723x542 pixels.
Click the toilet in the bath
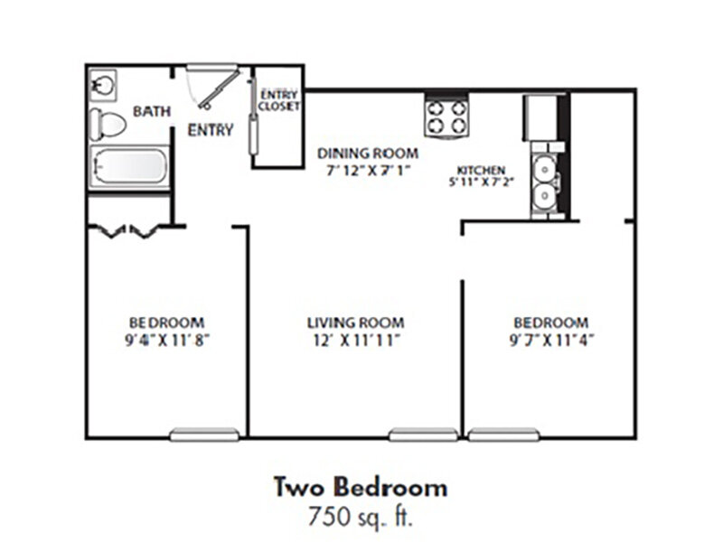pos(108,125)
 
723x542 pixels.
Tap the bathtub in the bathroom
pos(129,167)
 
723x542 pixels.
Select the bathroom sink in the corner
pos(103,85)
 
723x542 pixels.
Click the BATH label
pos(152,111)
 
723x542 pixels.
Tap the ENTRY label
pos(211,130)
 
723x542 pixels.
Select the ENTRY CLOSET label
pos(279,100)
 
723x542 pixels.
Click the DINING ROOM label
pos(368,153)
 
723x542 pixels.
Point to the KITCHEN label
pos(481,170)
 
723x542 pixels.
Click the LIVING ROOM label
pos(356,322)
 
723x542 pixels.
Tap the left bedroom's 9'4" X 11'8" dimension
pos(167,341)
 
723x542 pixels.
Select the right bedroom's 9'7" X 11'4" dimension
pos(551,341)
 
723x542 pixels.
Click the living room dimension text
pos(356,341)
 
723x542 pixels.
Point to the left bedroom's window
pos(204,435)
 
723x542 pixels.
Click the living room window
pos(423,435)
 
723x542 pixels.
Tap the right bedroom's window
pos(503,435)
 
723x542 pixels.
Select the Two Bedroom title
pos(361,487)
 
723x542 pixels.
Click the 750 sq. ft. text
pos(361,516)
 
